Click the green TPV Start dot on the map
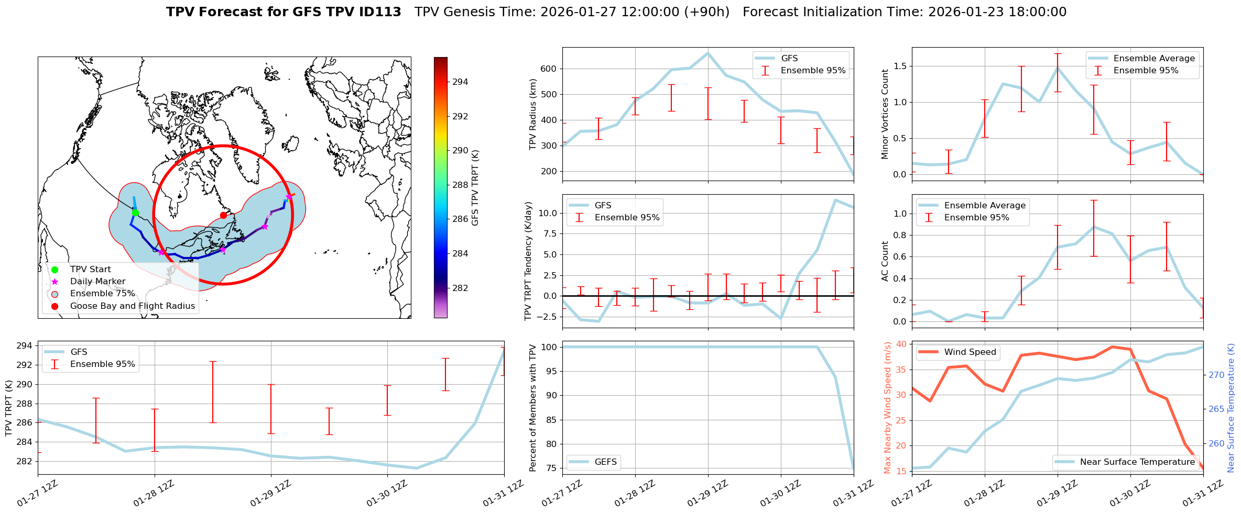click(x=135, y=213)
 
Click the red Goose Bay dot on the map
click(x=223, y=215)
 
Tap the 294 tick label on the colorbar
click(x=460, y=82)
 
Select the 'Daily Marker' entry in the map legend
click(x=97, y=282)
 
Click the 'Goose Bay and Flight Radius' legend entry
click(x=132, y=306)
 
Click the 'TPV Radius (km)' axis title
click(x=533, y=114)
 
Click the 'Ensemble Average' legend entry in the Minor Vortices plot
click(x=1154, y=59)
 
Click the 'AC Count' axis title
click(x=885, y=261)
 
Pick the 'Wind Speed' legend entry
click(x=970, y=352)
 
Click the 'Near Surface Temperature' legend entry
click(x=1137, y=462)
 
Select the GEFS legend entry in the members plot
click(x=605, y=462)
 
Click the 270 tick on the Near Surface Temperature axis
click(x=1216, y=375)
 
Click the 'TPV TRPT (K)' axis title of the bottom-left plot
click(x=8, y=408)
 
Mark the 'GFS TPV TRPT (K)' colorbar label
click(x=475, y=187)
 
